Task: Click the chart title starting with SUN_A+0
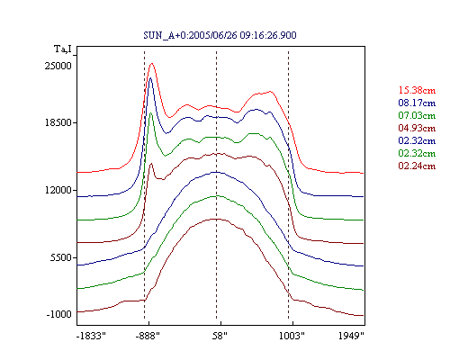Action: [x=220, y=35]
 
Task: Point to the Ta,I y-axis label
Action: [x=63, y=49]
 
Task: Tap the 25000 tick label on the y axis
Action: [x=58, y=66]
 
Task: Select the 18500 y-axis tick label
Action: [x=58, y=122]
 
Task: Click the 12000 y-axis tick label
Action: [x=58, y=190]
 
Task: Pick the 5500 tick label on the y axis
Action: [x=61, y=257]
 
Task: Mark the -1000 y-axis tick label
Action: [x=59, y=314]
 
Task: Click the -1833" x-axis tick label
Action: [x=91, y=336]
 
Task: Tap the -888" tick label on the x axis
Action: [x=148, y=336]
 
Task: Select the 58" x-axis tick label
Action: [x=220, y=336]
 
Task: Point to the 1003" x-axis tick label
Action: [x=292, y=336]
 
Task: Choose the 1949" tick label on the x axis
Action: [x=351, y=336]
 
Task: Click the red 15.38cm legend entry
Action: [x=417, y=90]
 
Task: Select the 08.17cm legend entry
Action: [x=417, y=103]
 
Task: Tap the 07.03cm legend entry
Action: [x=417, y=115]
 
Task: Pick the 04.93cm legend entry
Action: [x=417, y=128]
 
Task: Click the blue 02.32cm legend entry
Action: [x=417, y=140]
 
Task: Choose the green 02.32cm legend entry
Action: [x=417, y=153]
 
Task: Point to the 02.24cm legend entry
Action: [x=417, y=166]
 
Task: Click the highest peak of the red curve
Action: [x=152, y=63]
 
